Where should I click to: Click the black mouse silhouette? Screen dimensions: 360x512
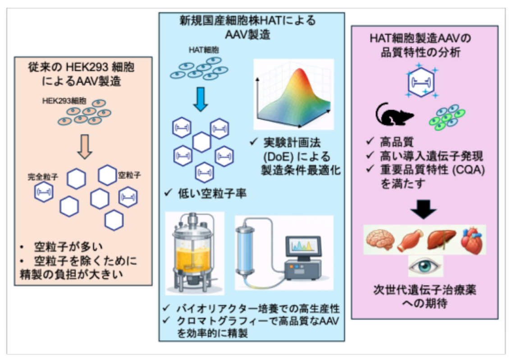(x=394, y=116)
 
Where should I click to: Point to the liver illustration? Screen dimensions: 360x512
(x=440, y=240)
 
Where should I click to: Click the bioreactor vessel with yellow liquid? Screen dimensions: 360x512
(x=195, y=255)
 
